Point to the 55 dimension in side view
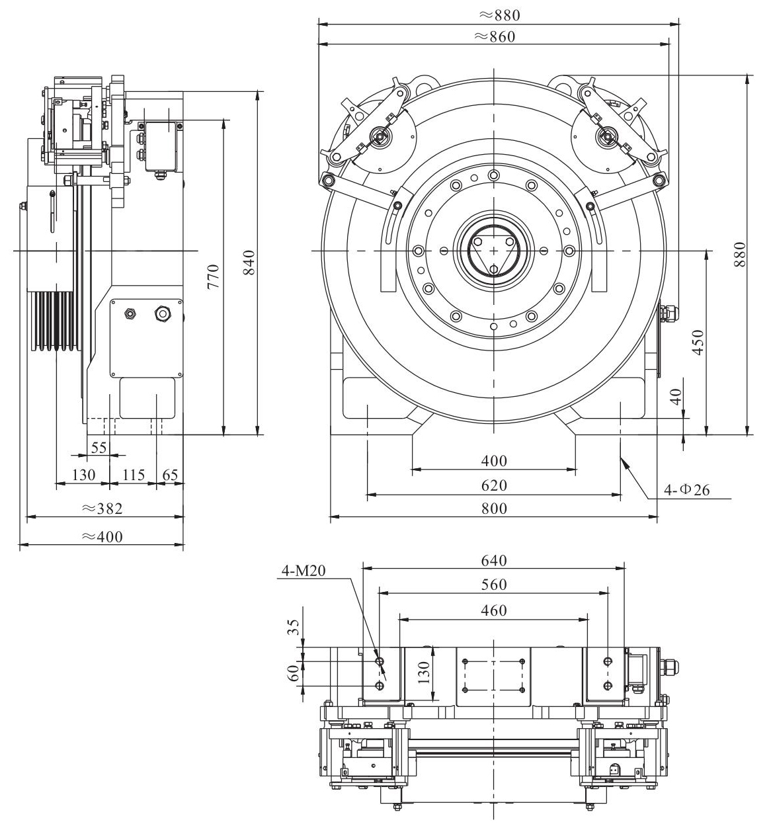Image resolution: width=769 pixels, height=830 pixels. point(99,447)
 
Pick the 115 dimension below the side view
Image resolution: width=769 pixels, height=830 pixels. point(133,474)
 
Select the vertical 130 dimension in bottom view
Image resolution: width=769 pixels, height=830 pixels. point(424,672)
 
